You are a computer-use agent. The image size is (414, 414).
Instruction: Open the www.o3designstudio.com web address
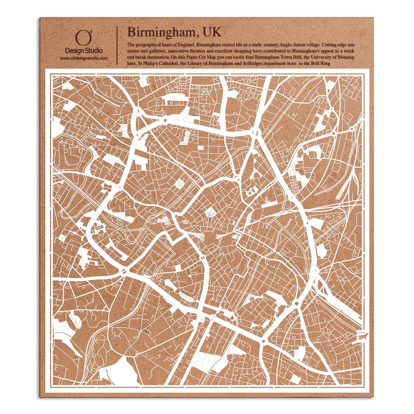pos(84,59)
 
